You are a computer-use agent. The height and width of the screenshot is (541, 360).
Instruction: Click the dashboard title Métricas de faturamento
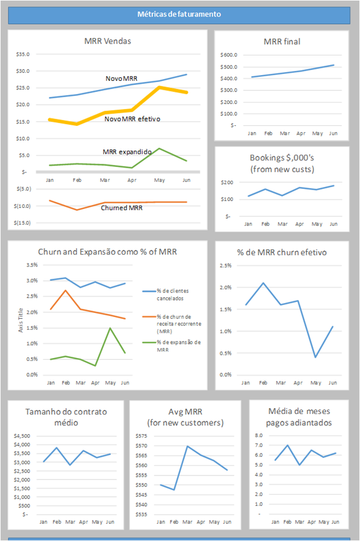tap(179, 14)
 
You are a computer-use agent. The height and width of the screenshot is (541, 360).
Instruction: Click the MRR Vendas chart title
tap(108, 41)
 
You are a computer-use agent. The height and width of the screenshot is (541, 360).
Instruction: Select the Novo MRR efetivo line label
tap(132, 119)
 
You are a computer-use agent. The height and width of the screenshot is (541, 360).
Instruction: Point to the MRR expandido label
tap(127, 152)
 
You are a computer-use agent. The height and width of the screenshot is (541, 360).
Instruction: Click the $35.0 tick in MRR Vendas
tap(23, 54)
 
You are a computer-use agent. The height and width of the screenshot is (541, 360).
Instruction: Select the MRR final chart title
tap(282, 41)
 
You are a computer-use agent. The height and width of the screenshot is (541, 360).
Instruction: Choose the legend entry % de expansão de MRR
tap(178, 346)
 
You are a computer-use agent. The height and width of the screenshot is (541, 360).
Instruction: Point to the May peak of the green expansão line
tap(110, 328)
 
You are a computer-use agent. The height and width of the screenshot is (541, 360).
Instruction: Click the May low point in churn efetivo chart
tap(316, 357)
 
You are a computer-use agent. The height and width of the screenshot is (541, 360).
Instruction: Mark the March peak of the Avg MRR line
tap(187, 446)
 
